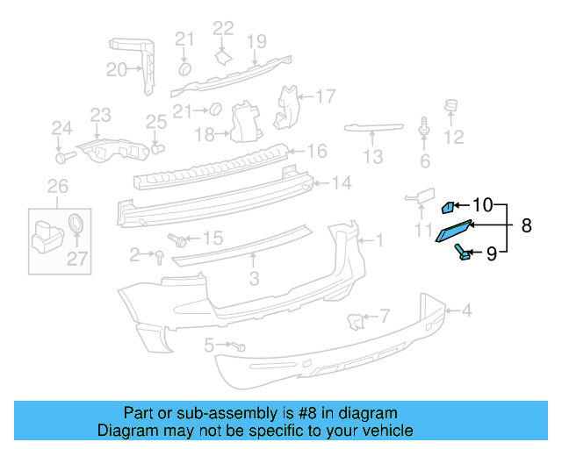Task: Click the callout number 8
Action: (x=526, y=226)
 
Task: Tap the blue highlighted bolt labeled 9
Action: (x=463, y=253)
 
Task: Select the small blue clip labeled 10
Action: (x=447, y=207)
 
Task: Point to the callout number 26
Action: (x=57, y=186)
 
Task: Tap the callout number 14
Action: (x=341, y=184)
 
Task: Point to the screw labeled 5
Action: (x=238, y=347)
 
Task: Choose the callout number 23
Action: (x=101, y=115)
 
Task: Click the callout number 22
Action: (x=224, y=28)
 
